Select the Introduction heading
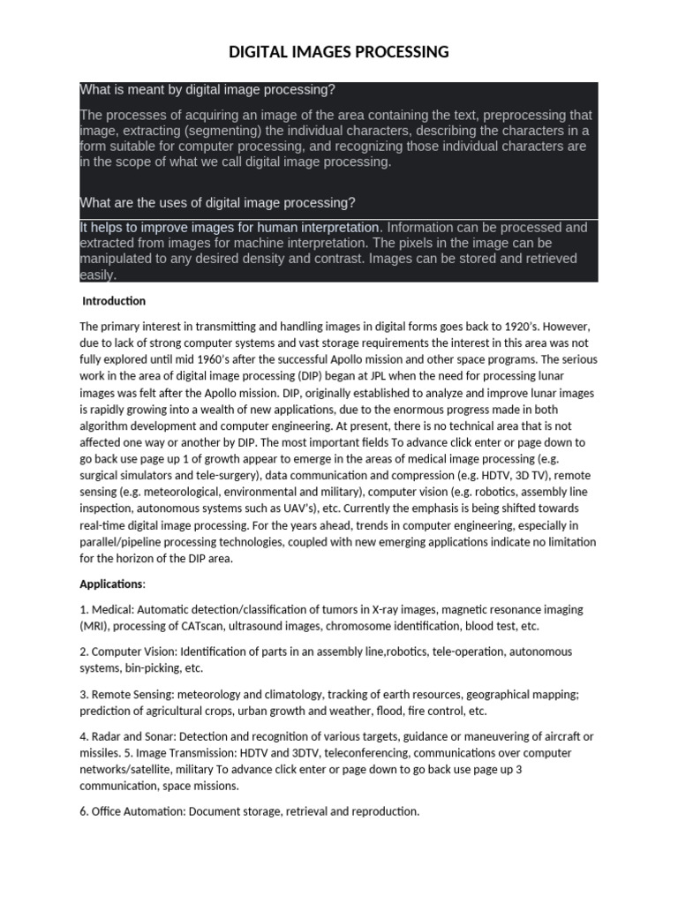(x=114, y=301)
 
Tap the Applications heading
(x=111, y=584)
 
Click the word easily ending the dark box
(x=97, y=275)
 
